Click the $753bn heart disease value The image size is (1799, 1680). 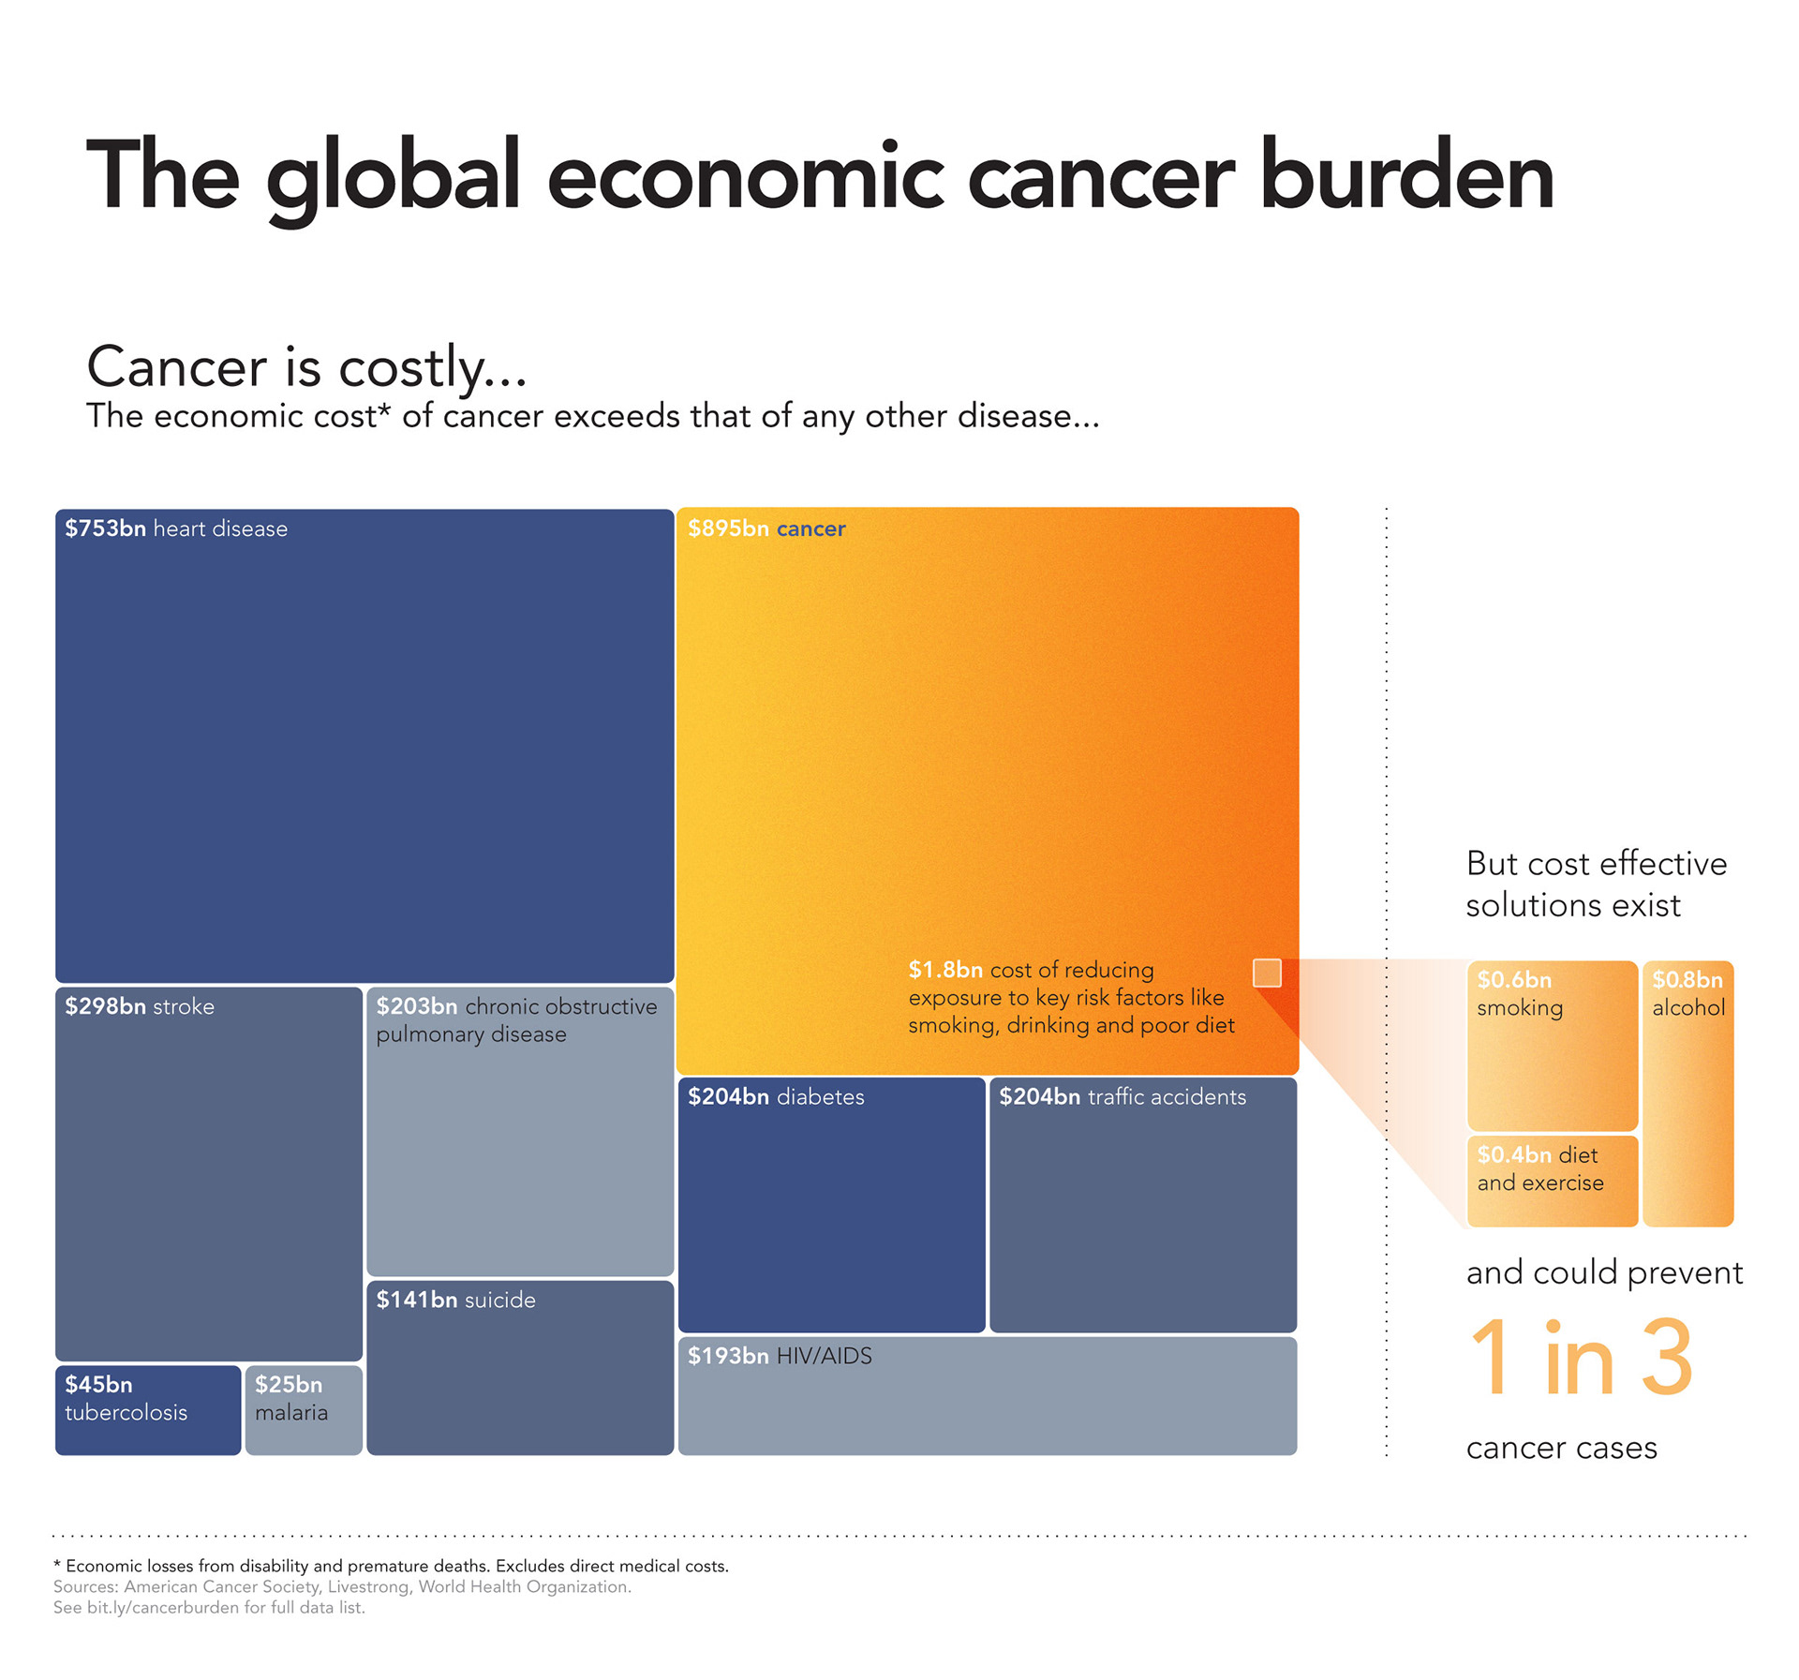tap(105, 528)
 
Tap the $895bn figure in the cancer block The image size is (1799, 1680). tap(728, 528)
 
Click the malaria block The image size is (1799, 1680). tap(304, 1409)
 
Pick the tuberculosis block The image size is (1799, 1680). tap(148, 1409)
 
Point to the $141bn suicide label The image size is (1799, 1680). tap(455, 1300)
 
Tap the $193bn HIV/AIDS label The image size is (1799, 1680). tap(780, 1356)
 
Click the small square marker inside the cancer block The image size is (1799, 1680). tap(1267, 973)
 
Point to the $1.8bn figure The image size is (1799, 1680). tap(945, 970)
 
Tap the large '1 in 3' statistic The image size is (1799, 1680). tap(1581, 1359)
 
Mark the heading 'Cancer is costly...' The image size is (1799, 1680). tap(306, 366)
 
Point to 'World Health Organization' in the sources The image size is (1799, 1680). tap(524, 1586)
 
